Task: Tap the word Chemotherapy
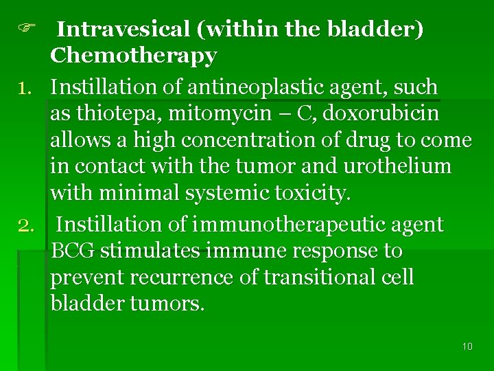pos(133,55)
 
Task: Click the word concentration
pos(262,140)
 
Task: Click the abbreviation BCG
pos(73,251)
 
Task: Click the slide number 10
pos(467,346)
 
